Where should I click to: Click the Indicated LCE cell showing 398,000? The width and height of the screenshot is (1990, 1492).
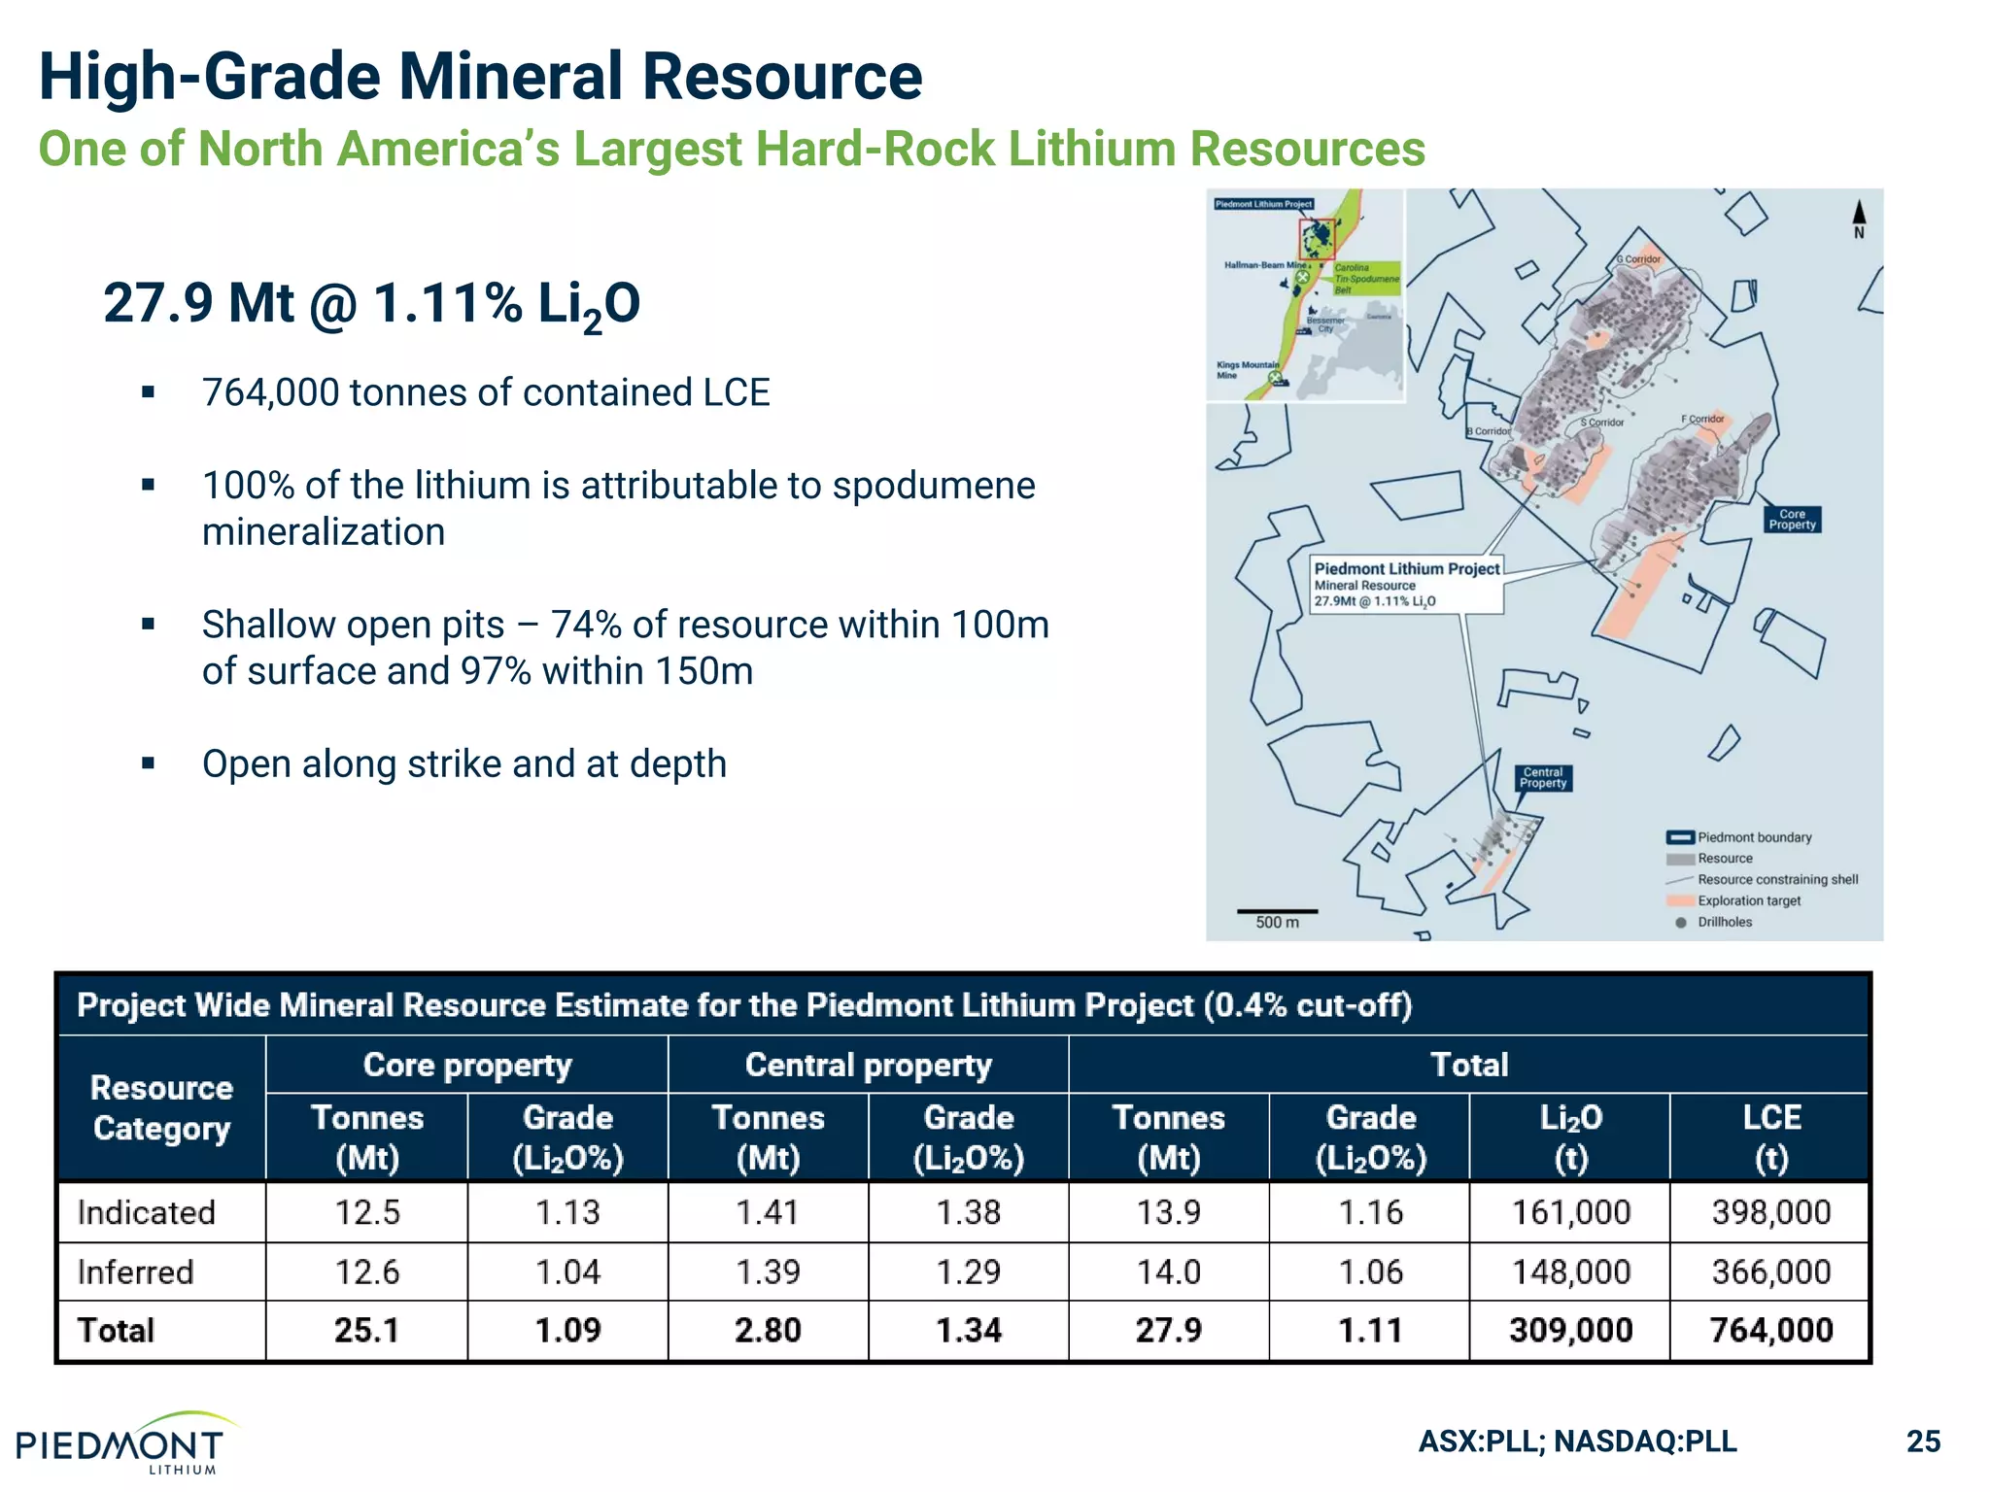[1770, 1212]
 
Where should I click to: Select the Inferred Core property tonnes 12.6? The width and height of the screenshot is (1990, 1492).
[367, 1272]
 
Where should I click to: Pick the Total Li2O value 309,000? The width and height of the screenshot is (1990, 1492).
[1570, 1330]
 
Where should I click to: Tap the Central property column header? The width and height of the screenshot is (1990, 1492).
[868, 1065]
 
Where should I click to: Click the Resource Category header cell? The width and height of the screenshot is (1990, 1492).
[161, 1108]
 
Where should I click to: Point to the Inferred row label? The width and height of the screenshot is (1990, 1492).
[136, 1272]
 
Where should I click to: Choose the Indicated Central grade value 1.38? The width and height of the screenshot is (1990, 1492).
[968, 1212]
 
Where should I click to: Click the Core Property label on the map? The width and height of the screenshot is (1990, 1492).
[1792, 520]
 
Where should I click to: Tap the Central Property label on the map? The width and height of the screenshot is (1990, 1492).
[1543, 778]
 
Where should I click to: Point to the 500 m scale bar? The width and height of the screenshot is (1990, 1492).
[1277, 912]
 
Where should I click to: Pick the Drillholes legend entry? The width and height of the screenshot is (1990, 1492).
[1725, 922]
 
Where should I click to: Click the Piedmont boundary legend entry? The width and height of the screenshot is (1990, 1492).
[1754, 837]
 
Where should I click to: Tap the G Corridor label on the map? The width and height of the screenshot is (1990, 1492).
[1639, 259]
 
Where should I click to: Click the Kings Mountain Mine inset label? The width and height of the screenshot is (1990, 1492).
[1247, 370]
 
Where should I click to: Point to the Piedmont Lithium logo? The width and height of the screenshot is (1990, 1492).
[121, 1444]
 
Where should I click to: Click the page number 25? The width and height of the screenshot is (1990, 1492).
[1923, 1441]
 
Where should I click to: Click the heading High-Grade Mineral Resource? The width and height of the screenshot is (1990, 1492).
[480, 77]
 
